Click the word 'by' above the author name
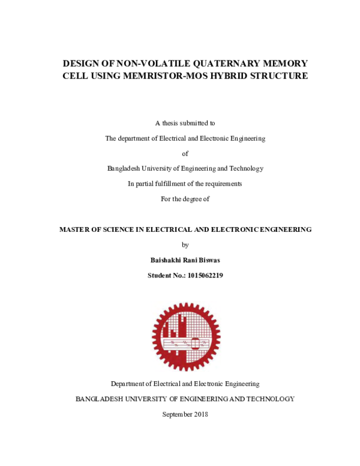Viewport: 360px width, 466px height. pyautogui.click(x=185, y=244)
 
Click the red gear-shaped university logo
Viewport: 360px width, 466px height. pyautogui.click(x=185, y=336)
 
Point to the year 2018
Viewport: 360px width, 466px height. pyautogui.click(x=201, y=414)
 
